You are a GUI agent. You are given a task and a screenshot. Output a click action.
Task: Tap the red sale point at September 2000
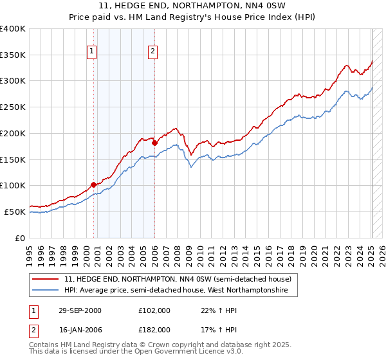pos(94,184)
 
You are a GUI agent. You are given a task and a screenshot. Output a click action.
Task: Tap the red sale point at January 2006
pos(154,143)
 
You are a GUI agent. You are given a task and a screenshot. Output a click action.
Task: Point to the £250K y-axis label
pos(13,107)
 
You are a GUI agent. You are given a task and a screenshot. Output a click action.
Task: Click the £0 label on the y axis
pos(21,238)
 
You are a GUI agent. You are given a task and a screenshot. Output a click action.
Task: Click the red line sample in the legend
pos(46,279)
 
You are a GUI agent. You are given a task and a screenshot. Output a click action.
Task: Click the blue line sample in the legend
pos(46,291)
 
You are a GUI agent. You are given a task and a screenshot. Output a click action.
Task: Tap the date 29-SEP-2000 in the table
pos(80,310)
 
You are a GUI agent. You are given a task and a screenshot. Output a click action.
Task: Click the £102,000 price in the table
pos(154,310)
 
